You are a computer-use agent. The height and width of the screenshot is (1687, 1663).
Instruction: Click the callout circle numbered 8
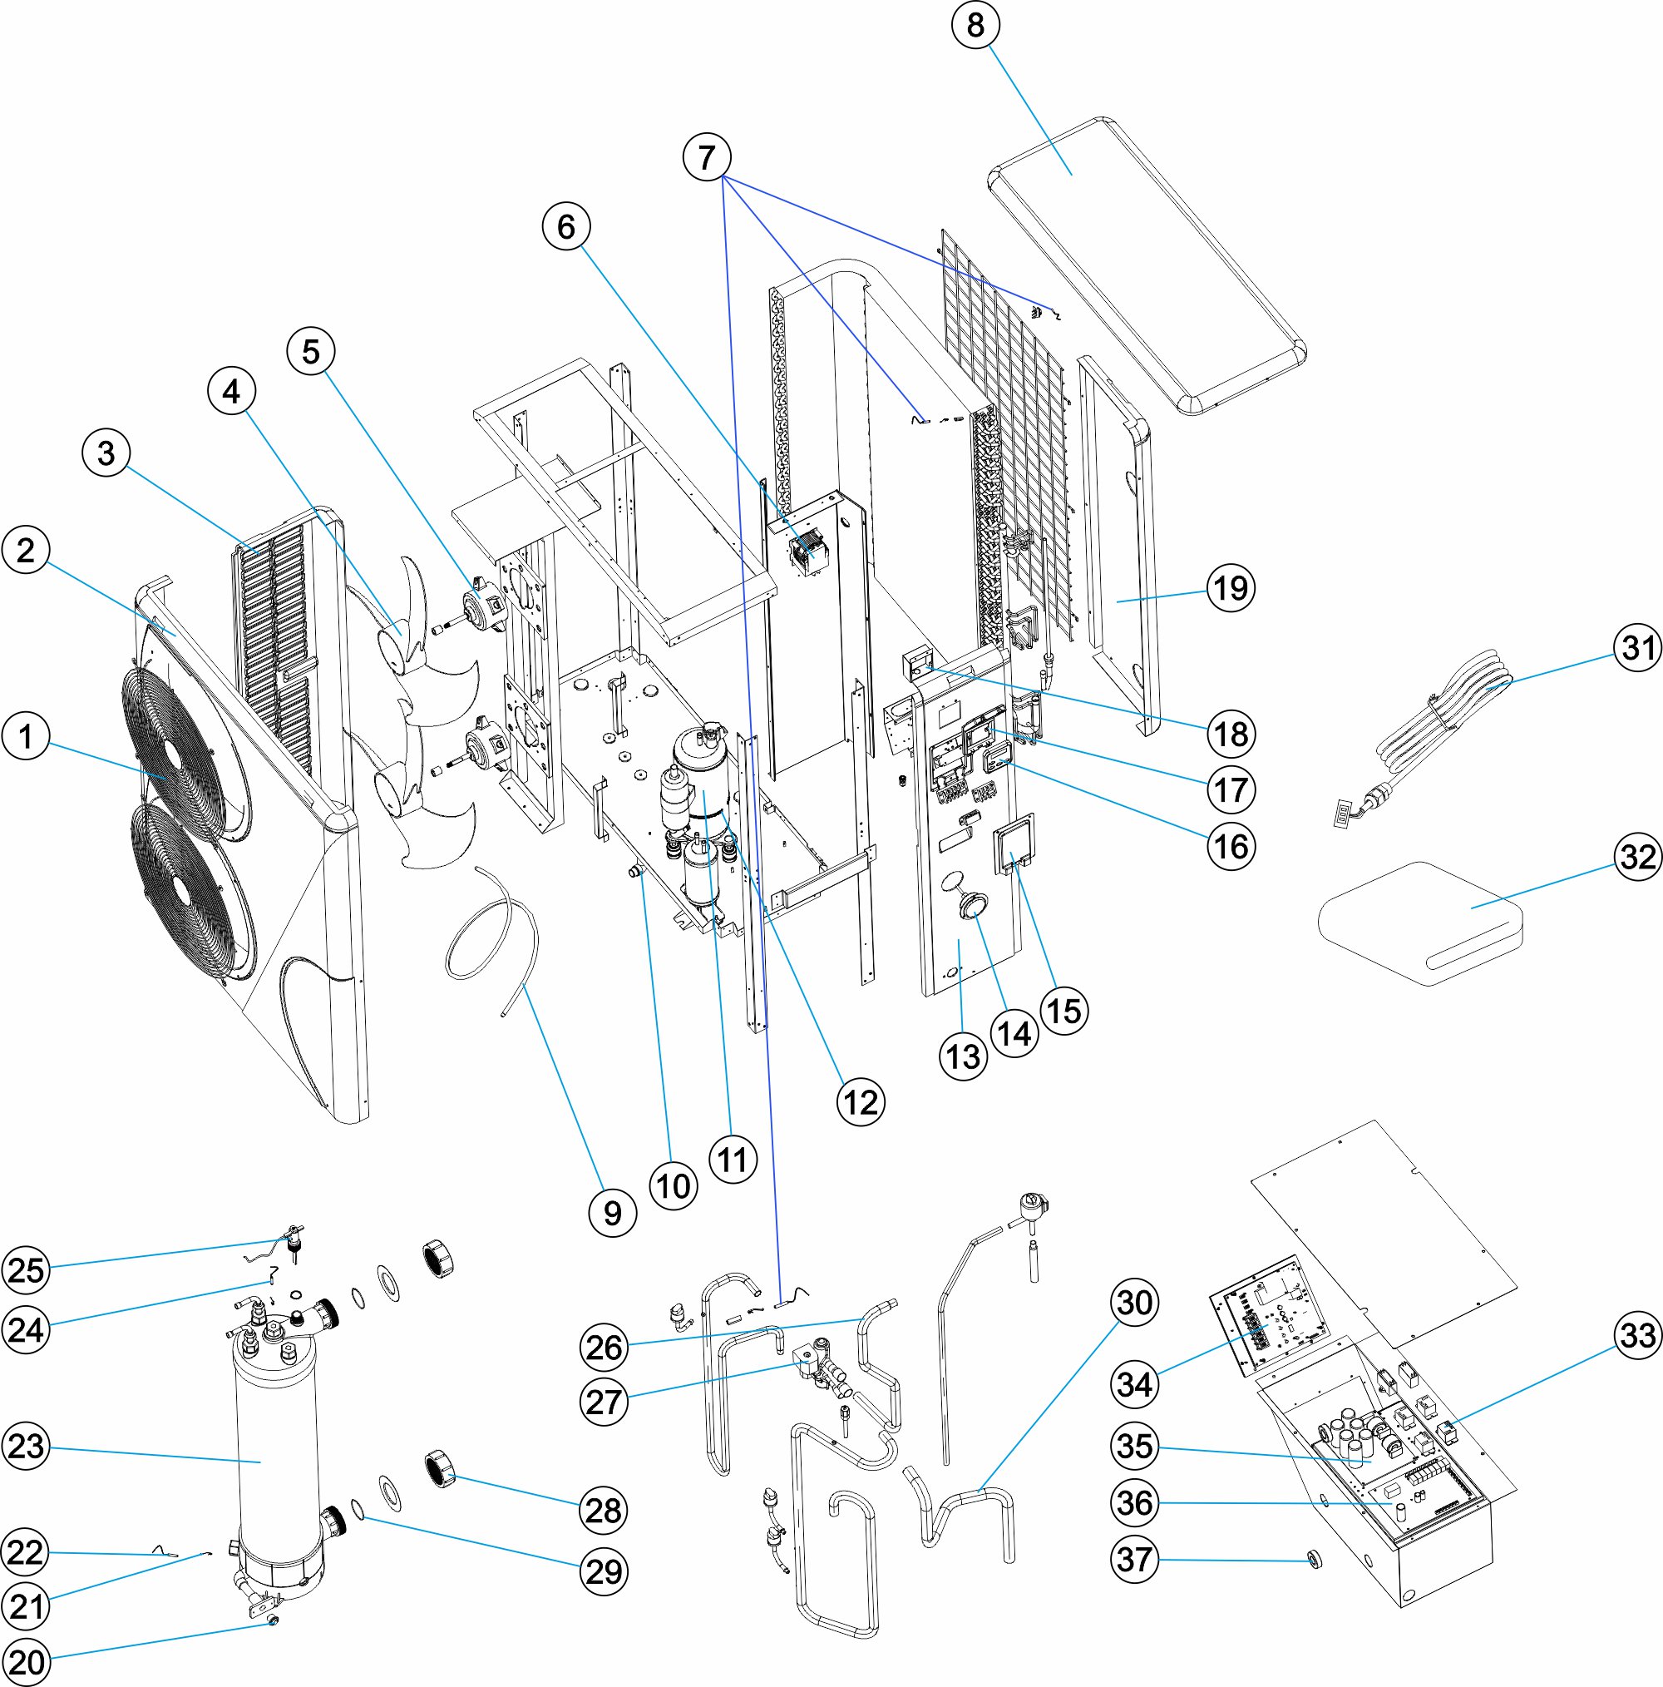[975, 24]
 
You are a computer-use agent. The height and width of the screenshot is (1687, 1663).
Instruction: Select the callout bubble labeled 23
[25, 1446]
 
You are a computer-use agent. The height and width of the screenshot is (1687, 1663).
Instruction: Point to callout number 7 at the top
[706, 157]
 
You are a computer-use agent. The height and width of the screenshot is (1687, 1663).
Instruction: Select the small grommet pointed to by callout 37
[1312, 1559]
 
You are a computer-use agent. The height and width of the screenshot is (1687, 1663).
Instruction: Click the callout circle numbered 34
[1134, 1383]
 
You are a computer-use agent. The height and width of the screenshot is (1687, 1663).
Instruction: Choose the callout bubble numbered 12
[861, 1102]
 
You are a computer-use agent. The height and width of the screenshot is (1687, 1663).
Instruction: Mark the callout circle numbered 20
[25, 1662]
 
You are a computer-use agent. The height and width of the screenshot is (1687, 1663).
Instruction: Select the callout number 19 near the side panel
[1231, 587]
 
